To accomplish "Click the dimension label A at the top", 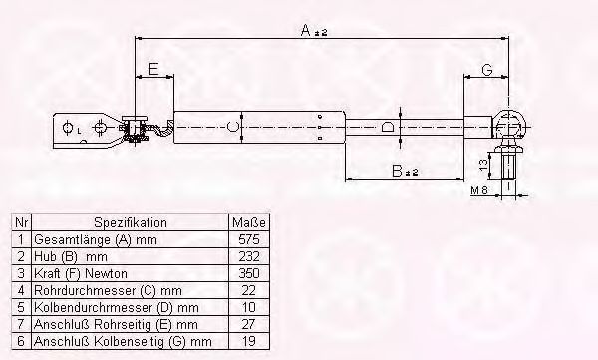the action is click(306, 30).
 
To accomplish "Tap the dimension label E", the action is click(153, 69).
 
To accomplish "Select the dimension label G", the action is click(487, 70).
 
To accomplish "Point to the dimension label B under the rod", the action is click(397, 171).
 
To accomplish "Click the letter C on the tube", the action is click(232, 126).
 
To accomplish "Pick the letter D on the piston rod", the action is click(387, 126).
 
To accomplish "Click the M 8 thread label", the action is click(479, 190).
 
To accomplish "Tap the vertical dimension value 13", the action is click(483, 165).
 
